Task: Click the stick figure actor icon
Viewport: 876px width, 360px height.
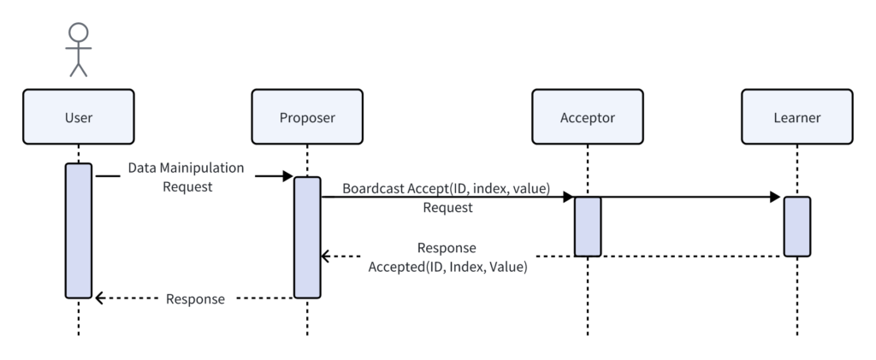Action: click(x=79, y=49)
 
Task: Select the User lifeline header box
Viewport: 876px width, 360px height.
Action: click(x=79, y=116)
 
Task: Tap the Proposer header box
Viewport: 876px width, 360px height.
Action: click(x=307, y=116)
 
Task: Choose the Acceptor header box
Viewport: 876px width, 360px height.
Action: click(x=588, y=116)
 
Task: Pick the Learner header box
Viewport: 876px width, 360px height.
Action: click(x=797, y=116)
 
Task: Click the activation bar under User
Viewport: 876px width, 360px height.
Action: click(x=79, y=231)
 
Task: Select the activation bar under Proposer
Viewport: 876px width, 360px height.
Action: click(x=307, y=237)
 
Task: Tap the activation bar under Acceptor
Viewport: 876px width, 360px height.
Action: click(x=588, y=226)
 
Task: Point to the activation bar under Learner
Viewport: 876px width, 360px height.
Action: click(x=797, y=226)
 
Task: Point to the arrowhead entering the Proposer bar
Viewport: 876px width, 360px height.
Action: click(x=288, y=176)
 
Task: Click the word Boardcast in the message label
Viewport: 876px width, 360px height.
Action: click(x=373, y=189)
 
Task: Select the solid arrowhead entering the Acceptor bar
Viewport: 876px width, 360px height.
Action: click(x=569, y=197)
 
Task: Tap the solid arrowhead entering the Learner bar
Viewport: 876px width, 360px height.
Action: click(x=775, y=197)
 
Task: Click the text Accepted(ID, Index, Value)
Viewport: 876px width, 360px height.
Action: click(x=447, y=267)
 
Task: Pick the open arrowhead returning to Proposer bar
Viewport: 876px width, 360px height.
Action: click(x=326, y=257)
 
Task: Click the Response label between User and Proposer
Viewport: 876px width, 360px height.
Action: click(x=196, y=299)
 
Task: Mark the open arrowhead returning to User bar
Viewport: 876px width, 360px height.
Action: click(x=99, y=298)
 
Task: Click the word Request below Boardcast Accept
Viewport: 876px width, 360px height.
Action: click(x=447, y=208)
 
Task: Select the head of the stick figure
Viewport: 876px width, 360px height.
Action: click(x=79, y=32)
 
